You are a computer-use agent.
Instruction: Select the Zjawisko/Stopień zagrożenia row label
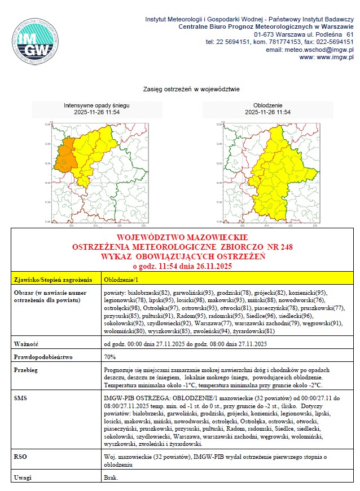52,280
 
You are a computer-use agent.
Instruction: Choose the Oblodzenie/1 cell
122,280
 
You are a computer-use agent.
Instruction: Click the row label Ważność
26,343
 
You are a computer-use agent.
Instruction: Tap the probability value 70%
110,357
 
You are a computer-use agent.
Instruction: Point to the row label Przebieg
27,370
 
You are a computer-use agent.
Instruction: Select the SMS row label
21,398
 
